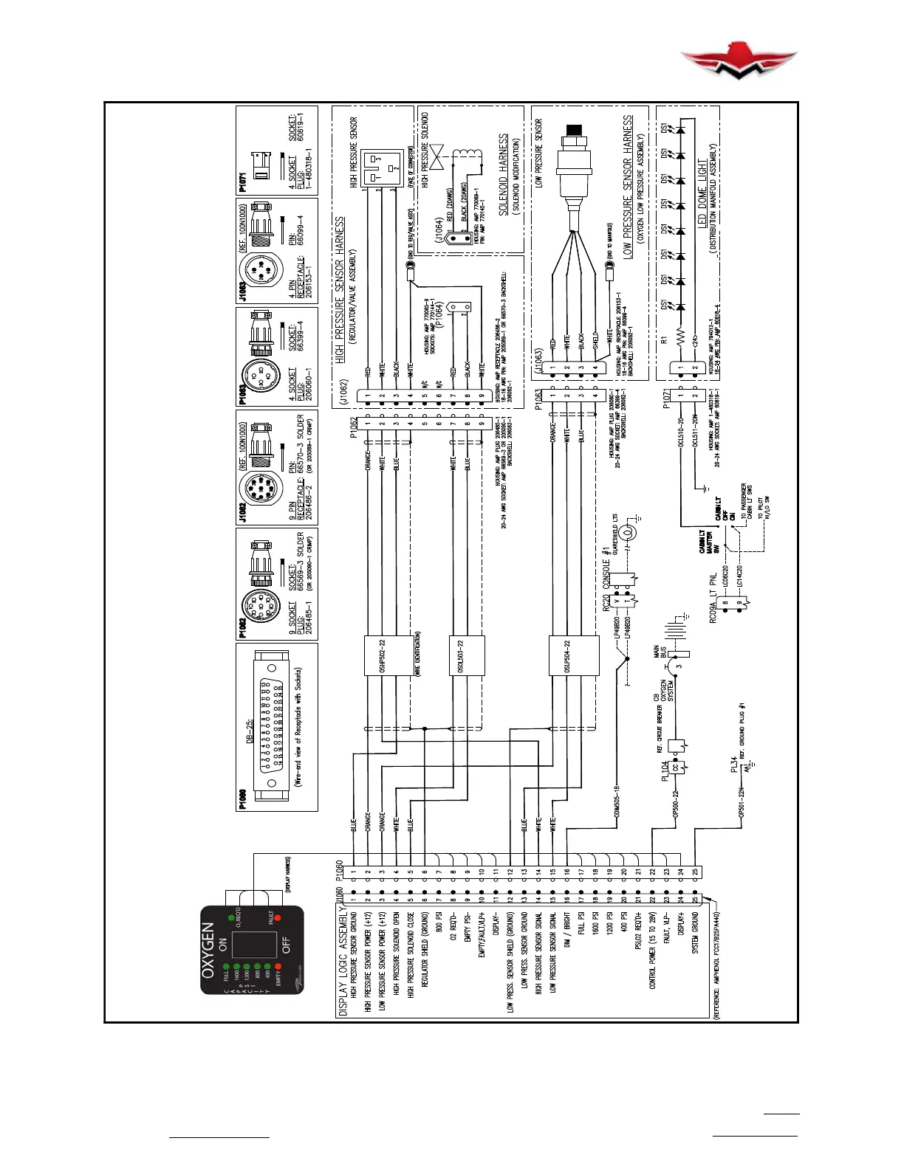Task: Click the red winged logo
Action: pyautogui.click(x=738, y=63)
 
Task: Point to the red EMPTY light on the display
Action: pyautogui.click(x=278, y=967)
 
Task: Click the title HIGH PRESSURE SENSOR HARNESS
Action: pyautogui.click(x=340, y=289)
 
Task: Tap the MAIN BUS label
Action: pyautogui.click(x=657, y=652)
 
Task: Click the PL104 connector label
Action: pyautogui.click(x=665, y=770)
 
